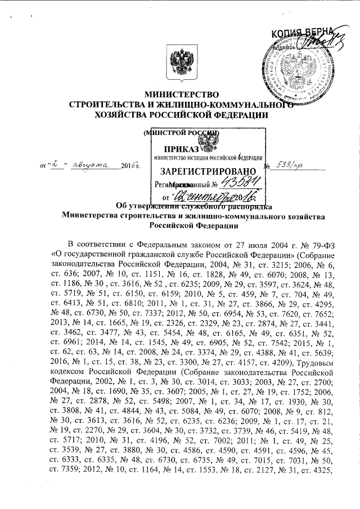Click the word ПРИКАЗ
[x=184, y=149]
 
